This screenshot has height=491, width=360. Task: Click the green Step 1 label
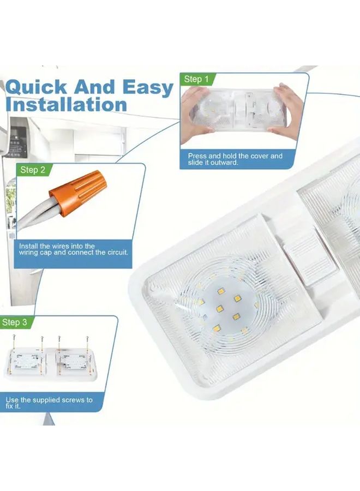click(196, 79)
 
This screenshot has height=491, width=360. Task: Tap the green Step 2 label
click(32, 170)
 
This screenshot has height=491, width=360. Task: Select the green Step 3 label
click(15, 322)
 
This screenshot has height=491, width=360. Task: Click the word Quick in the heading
click(37, 87)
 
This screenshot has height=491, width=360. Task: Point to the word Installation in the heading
click(67, 104)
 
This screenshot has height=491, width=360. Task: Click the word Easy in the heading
click(148, 88)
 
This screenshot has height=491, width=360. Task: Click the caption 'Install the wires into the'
click(57, 246)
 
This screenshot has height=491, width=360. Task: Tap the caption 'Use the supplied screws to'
click(49, 400)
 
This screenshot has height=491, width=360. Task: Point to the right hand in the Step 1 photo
click(288, 110)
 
